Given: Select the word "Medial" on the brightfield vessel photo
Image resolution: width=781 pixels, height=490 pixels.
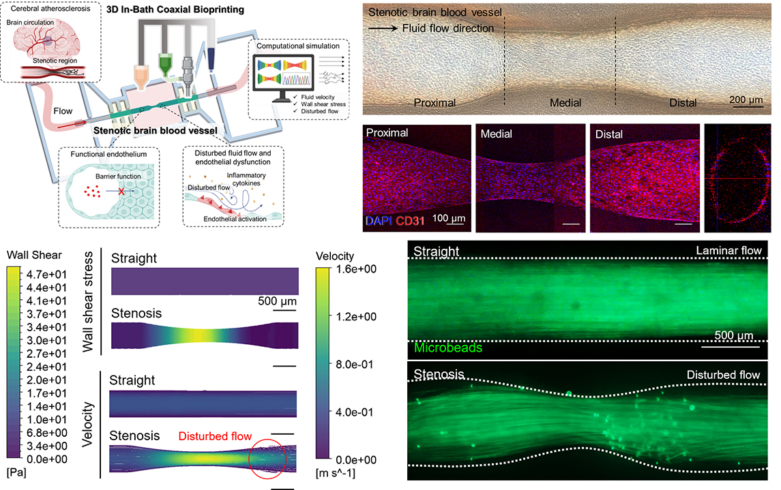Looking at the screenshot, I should pyautogui.click(x=565, y=103).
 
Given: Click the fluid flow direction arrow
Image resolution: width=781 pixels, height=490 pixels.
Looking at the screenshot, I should pyautogui.click(x=383, y=29).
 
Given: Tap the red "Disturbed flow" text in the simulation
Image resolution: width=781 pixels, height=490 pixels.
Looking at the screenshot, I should pyautogui.click(x=216, y=436).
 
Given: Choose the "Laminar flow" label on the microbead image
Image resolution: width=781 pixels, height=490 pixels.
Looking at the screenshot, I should pyautogui.click(x=728, y=251).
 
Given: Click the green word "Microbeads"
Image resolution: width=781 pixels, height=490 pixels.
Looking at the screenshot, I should pyautogui.click(x=447, y=348).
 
